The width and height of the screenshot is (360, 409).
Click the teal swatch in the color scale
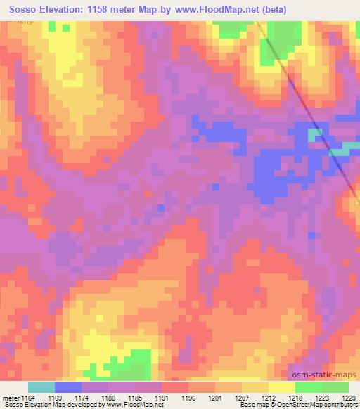pyautogui.click(x=41, y=387)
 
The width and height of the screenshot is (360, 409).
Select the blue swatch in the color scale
pyautogui.click(x=67, y=387)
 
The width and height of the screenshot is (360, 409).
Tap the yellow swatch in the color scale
pyautogui.click(x=281, y=387)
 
